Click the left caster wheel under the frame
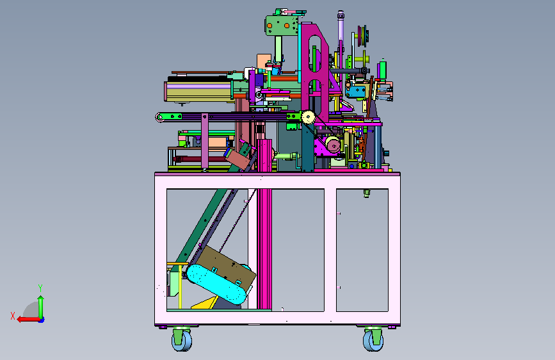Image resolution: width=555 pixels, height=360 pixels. click(x=182, y=340)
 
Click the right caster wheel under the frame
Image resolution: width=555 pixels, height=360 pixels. click(x=373, y=340)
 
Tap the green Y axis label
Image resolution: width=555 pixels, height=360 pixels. click(x=40, y=288)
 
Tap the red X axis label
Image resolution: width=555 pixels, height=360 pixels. click(x=13, y=316)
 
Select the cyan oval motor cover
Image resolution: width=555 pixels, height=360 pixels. click(x=216, y=284)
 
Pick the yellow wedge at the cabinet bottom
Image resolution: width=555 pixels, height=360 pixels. click(x=205, y=303)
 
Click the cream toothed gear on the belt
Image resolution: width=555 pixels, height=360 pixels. click(x=309, y=117)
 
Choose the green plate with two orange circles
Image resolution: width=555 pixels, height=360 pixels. click(x=282, y=25)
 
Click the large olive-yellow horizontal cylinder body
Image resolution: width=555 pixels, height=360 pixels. click(x=199, y=92)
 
